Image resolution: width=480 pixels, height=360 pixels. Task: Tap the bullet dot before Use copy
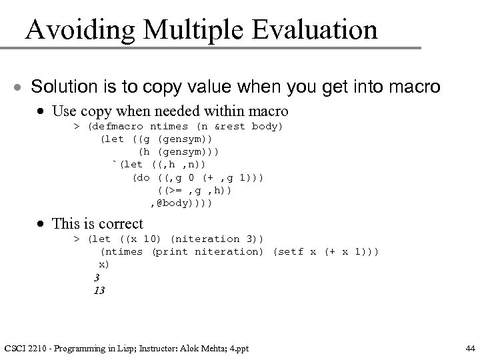click(42, 110)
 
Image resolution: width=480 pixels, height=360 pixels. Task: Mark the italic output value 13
click(99, 290)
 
